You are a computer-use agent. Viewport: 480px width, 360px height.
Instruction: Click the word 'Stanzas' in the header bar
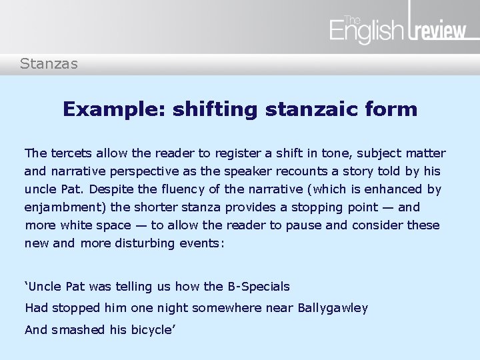tap(49, 64)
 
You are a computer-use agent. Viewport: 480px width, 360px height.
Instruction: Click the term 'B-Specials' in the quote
tap(258, 287)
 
